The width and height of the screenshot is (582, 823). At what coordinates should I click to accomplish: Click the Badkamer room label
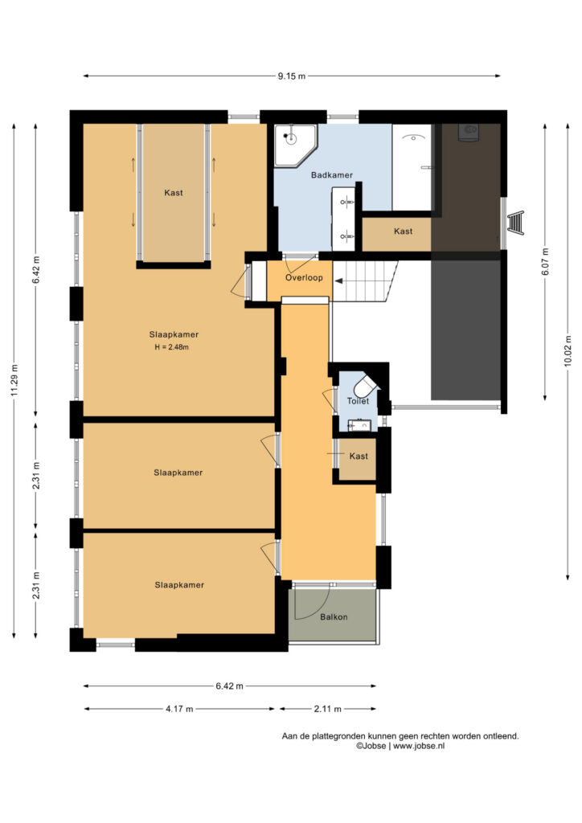(332, 174)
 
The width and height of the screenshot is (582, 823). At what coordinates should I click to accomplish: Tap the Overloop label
(304, 277)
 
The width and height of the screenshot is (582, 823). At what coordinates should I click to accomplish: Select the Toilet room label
(358, 401)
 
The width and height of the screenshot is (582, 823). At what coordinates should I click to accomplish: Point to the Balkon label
(334, 616)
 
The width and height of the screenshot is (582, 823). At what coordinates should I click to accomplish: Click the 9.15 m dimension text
(292, 76)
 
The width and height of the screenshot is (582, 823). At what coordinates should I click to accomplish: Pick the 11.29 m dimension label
(14, 380)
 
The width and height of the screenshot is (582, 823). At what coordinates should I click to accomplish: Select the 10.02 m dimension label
(568, 352)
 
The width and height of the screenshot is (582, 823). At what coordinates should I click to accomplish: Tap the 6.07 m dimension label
(545, 261)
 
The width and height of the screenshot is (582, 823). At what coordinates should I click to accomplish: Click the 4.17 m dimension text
(179, 709)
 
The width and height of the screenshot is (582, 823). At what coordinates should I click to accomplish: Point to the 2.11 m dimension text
(327, 709)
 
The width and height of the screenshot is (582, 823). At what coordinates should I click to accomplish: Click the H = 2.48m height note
(171, 347)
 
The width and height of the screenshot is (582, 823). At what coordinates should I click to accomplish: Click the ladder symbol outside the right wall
(516, 222)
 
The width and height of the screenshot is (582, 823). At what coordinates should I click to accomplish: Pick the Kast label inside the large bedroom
(174, 193)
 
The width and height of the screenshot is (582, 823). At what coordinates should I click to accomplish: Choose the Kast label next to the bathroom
(403, 231)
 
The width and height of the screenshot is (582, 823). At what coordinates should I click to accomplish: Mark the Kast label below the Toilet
(359, 457)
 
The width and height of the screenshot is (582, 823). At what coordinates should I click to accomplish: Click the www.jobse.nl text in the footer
(419, 746)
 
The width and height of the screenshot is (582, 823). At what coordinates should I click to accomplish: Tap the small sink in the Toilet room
(361, 424)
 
